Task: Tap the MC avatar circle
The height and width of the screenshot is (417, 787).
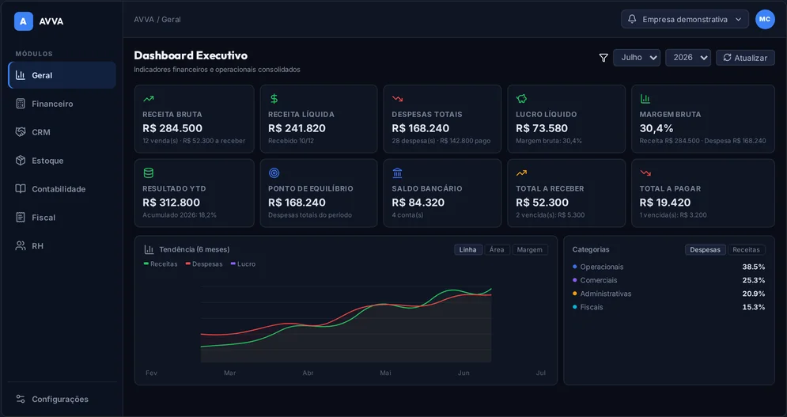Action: [x=765, y=19]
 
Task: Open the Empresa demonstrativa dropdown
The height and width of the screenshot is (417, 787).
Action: [x=685, y=19]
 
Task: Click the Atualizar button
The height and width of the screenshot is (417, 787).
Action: [x=745, y=58]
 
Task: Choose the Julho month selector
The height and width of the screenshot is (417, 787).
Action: [x=637, y=58]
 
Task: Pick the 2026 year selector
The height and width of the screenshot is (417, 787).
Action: [x=687, y=58]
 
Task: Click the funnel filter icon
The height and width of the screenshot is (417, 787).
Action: [x=603, y=58]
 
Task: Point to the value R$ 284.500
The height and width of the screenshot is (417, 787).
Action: [x=172, y=128]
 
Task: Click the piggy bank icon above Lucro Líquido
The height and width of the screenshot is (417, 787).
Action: [x=521, y=98]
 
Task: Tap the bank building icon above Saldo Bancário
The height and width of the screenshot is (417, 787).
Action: [x=398, y=172]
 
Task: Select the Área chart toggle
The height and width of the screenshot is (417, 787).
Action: [x=497, y=250]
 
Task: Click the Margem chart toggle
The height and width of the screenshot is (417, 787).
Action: [x=529, y=250]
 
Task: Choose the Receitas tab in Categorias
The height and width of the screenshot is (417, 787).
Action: [x=746, y=250]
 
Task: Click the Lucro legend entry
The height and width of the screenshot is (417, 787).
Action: [x=243, y=263]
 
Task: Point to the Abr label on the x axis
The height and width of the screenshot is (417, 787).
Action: [x=308, y=373]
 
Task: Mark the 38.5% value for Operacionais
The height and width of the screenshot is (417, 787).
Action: [x=753, y=267]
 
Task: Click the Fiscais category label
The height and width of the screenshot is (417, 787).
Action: [x=592, y=307]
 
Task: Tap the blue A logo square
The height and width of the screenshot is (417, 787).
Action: [x=24, y=21]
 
